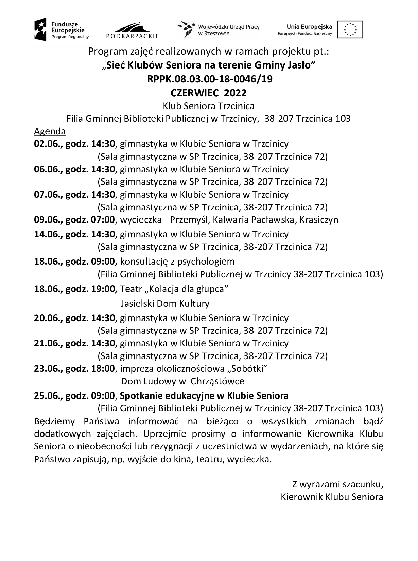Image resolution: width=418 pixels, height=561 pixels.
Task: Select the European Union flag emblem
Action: tap(350, 29)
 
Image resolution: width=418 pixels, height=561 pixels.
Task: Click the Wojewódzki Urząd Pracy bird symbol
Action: tap(185, 29)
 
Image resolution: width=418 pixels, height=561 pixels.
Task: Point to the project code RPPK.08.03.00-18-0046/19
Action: tap(210, 79)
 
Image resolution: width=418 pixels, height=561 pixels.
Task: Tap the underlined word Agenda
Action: tap(50, 131)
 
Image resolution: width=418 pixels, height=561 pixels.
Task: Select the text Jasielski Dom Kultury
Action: tap(165, 303)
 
